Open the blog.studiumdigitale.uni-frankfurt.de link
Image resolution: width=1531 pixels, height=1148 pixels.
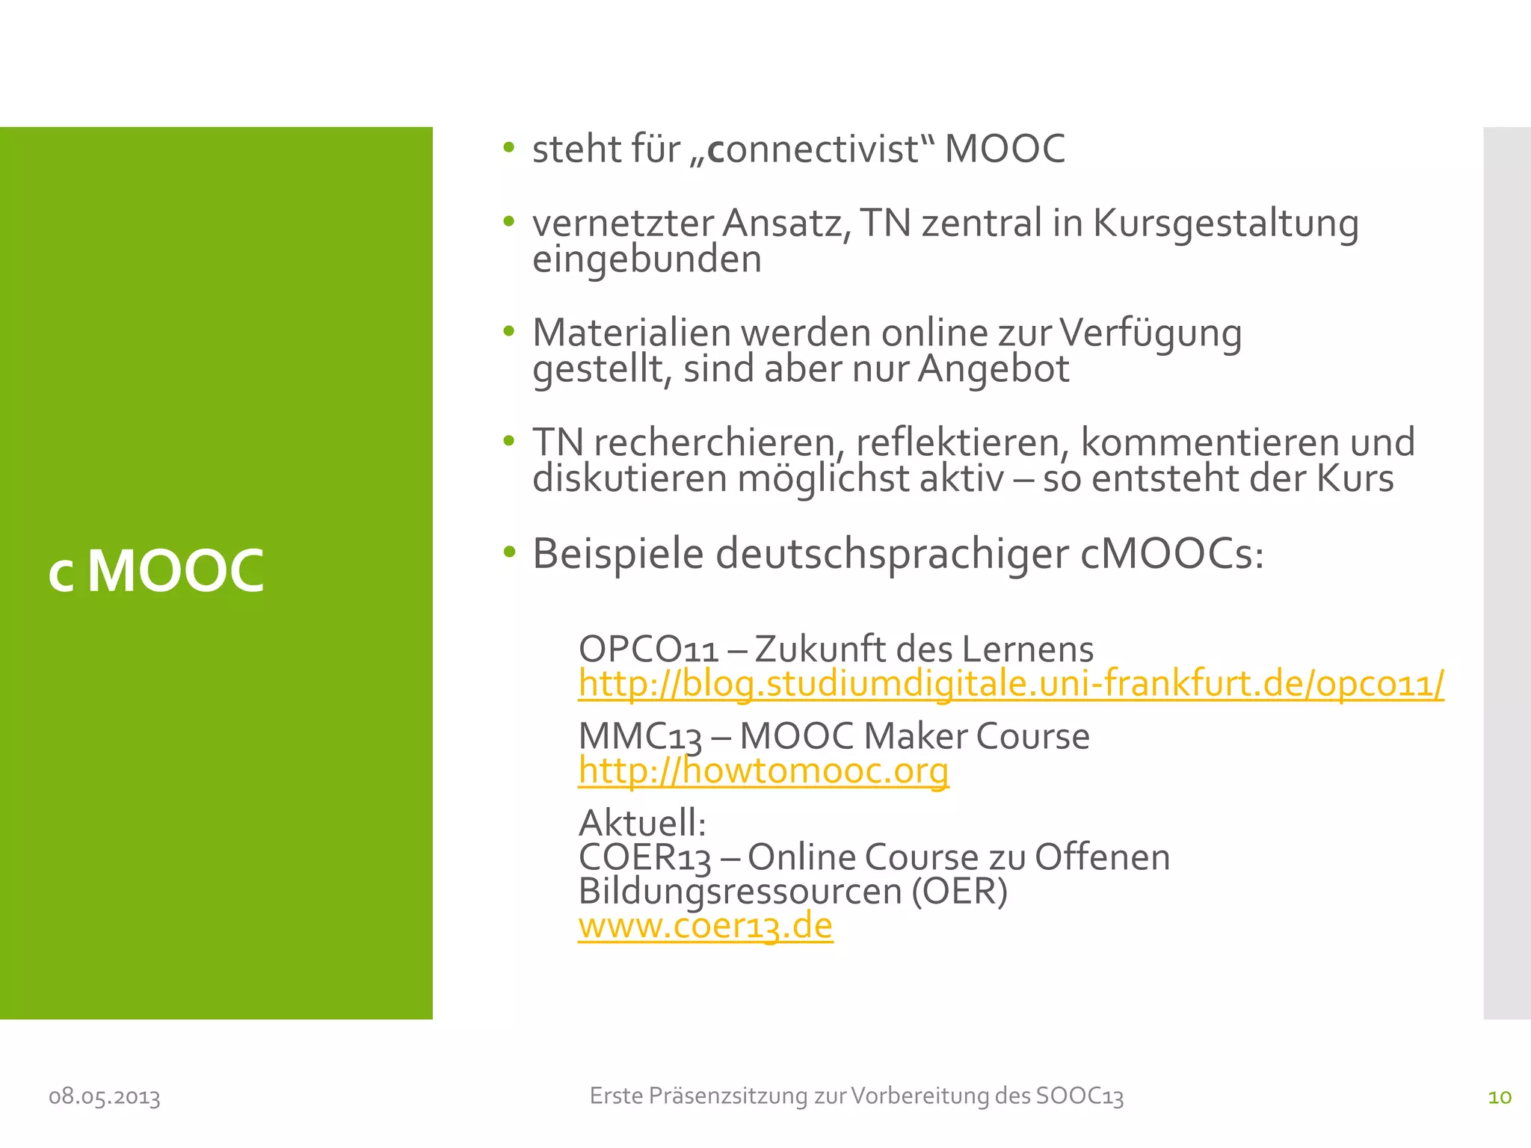point(1011,684)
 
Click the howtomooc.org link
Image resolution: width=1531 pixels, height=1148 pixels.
point(763,771)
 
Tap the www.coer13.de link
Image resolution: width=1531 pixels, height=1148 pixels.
point(705,926)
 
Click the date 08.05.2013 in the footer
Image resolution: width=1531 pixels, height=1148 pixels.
point(105,1097)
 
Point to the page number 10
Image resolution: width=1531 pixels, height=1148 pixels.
point(1500,1097)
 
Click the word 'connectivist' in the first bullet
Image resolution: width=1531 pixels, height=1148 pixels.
point(813,149)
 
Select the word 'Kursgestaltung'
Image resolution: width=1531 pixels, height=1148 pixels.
point(1225,223)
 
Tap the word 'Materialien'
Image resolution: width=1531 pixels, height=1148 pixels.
point(631,333)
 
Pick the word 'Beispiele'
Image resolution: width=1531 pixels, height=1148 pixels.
point(617,554)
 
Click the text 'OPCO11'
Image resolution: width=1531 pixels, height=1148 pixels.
point(648,649)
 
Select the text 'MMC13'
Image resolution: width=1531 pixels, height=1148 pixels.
point(640,736)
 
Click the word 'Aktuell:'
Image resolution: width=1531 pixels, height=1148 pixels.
point(642,823)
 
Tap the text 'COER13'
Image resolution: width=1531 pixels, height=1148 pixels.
point(644,857)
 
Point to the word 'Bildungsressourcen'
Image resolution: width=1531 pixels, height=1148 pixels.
point(739,892)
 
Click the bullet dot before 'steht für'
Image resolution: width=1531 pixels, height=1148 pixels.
point(509,147)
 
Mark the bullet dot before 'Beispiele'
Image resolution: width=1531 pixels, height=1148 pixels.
point(509,552)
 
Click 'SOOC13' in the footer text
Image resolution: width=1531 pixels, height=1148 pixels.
point(1079,1096)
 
